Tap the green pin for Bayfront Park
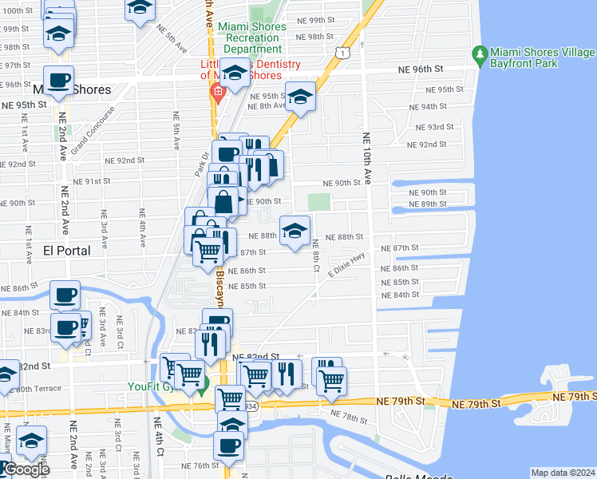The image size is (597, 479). pyautogui.click(x=480, y=56)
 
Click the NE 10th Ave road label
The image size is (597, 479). pyautogui.click(x=367, y=159)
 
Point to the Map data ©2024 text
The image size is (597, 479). pyautogui.click(x=563, y=473)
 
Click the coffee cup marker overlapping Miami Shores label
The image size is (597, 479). pyautogui.click(x=59, y=81)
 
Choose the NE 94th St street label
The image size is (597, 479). pyautogui.click(x=435, y=106)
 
